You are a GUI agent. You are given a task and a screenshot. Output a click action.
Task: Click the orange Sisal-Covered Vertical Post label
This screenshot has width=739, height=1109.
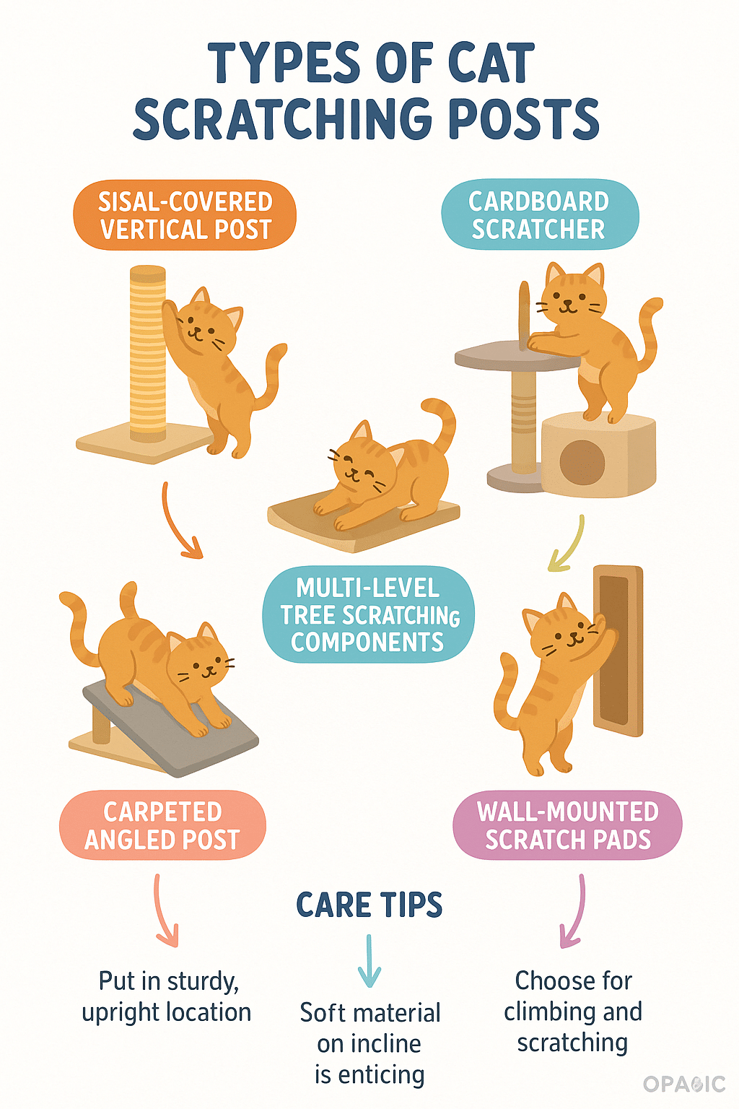[x=185, y=215]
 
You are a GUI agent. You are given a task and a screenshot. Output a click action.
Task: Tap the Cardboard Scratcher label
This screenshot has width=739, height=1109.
[x=540, y=214]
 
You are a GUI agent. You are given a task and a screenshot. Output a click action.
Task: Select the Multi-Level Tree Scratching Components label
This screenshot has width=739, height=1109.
[x=368, y=614]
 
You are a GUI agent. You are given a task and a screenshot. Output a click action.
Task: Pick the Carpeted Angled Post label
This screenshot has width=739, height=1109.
[x=162, y=825]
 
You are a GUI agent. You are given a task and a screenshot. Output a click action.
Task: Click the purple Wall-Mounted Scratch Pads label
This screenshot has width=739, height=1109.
[x=567, y=825]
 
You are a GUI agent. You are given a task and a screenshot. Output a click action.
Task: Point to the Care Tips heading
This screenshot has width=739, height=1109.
[x=369, y=905]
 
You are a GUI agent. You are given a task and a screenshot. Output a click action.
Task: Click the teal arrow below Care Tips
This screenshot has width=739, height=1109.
[x=369, y=961]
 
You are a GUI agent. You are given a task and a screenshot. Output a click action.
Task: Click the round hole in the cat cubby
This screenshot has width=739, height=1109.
[x=582, y=462]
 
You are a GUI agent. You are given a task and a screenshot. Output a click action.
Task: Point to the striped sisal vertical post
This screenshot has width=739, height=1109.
[x=147, y=354]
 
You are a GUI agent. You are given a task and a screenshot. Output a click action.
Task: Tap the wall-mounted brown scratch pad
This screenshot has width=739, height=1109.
[x=618, y=651]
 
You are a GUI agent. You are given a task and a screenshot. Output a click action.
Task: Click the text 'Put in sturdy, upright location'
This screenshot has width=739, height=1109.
[x=167, y=996]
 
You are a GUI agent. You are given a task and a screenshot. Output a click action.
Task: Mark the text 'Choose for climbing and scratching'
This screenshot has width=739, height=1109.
[x=573, y=1011]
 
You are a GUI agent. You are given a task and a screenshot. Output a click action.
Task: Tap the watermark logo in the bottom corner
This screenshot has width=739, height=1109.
[x=685, y=1084]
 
